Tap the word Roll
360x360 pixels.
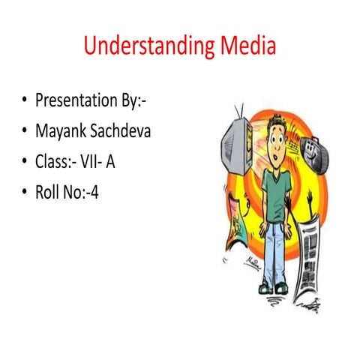pyautogui.click(x=49, y=193)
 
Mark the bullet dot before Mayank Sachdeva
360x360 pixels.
pyautogui.click(x=23, y=131)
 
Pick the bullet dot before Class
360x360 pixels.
pyautogui.click(x=23, y=163)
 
